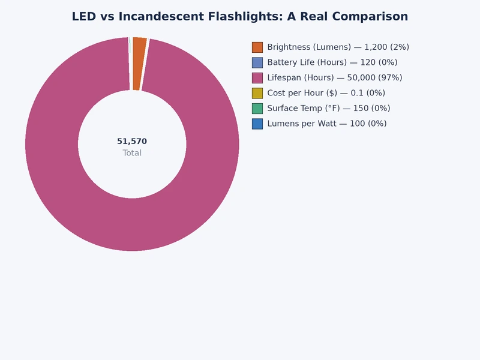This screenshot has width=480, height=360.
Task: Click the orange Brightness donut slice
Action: click(x=139, y=64)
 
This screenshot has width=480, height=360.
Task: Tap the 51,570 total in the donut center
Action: click(x=132, y=142)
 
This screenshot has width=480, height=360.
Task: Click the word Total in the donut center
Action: click(x=132, y=153)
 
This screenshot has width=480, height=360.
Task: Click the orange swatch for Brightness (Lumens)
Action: click(x=257, y=47)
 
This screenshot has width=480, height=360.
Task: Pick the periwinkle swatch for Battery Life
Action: click(x=257, y=62)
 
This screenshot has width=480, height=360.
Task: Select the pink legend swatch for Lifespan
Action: click(x=257, y=77)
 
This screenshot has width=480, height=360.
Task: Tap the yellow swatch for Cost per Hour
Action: click(x=257, y=93)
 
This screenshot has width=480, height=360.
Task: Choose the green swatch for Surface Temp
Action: click(x=257, y=108)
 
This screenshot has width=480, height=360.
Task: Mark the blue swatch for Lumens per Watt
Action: click(x=257, y=124)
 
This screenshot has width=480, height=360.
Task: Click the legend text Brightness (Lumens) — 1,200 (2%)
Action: click(x=338, y=47)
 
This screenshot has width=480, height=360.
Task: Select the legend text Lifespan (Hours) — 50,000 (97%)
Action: click(x=334, y=77)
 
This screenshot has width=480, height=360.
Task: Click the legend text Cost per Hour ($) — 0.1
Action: click(x=326, y=93)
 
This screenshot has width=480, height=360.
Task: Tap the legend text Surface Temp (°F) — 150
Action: click(x=328, y=108)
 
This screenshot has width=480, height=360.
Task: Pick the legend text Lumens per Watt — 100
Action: click(x=326, y=124)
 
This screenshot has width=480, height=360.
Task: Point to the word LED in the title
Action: click(x=83, y=17)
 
